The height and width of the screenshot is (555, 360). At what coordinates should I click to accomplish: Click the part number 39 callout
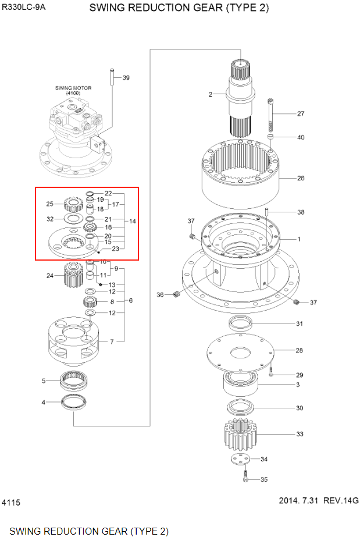(126, 78)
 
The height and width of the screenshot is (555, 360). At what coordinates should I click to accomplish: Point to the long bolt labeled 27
(270, 116)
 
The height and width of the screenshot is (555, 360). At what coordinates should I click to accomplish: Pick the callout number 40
(300, 138)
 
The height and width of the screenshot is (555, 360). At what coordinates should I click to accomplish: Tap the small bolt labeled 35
(245, 479)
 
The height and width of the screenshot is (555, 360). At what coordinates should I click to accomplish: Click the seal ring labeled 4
(73, 401)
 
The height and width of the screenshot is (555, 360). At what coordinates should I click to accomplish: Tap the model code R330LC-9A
(24, 9)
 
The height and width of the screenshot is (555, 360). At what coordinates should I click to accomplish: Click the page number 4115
(11, 502)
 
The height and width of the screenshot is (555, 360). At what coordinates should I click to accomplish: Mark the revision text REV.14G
(341, 500)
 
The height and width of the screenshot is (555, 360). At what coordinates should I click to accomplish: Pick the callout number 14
(133, 222)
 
